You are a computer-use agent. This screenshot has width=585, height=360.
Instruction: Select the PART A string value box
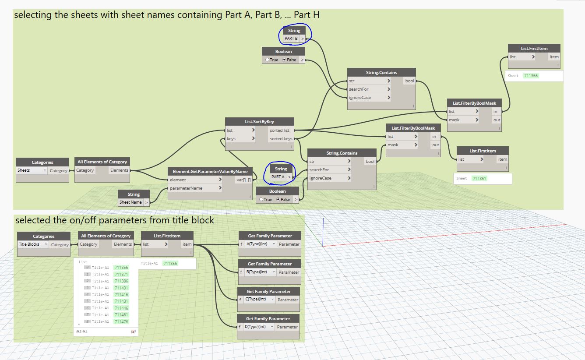278,177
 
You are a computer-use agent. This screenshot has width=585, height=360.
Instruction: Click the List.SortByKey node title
259,121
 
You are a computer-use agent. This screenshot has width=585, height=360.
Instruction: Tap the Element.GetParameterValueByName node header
211,171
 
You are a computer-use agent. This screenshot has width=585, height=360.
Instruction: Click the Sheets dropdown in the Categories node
32,170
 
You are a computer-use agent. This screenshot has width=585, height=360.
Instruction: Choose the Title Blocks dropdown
33,244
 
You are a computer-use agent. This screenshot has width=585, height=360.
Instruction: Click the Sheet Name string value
130,202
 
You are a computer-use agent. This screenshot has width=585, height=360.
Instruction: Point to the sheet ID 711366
531,76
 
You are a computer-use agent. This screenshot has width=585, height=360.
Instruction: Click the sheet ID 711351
479,179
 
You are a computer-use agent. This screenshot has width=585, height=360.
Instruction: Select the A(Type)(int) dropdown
261,244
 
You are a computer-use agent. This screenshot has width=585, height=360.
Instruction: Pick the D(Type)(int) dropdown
260,327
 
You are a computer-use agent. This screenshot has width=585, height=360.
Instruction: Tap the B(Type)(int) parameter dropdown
261,272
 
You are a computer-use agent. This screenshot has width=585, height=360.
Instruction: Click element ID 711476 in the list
121,321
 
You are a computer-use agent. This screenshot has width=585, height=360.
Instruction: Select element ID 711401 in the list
121,288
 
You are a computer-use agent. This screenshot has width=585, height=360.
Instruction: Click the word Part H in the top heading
307,15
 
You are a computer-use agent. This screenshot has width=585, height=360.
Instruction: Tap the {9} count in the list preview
133,332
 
